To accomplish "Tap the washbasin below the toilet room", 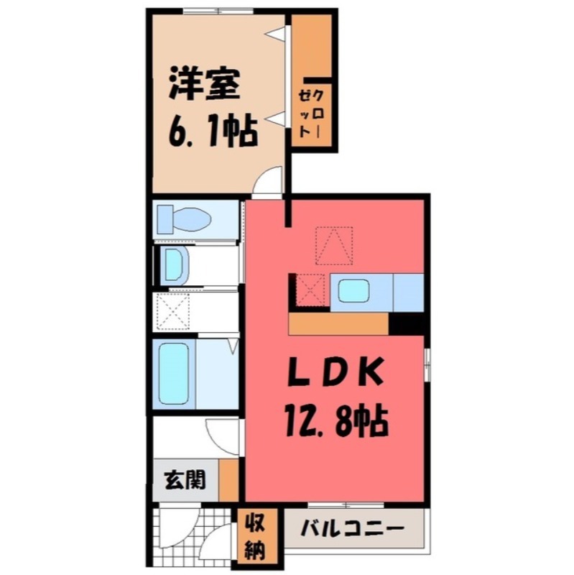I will (x=175, y=266).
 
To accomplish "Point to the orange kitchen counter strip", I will (x=338, y=325).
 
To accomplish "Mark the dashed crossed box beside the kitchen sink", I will (x=310, y=290).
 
